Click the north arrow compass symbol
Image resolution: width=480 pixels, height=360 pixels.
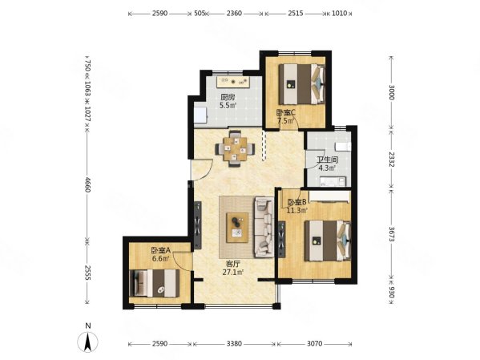[x=88, y=341]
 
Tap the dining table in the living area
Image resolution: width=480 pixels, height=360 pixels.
[x=235, y=149]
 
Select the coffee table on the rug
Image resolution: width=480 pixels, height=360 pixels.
[x=237, y=228]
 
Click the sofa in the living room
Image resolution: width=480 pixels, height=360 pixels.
[x=264, y=227]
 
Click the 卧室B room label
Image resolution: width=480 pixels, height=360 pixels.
[x=296, y=202]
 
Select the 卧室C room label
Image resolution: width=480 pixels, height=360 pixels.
[x=285, y=112]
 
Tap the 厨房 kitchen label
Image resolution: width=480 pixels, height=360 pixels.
[x=228, y=97]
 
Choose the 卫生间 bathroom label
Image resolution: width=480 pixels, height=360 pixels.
[x=327, y=160]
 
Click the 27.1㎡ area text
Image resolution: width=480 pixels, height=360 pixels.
[x=233, y=272]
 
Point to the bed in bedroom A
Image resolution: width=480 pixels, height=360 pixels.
[x=155, y=283]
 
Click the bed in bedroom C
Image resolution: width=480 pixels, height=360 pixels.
[x=302, y=84]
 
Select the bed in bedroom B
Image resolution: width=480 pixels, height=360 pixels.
[x=328, y=241]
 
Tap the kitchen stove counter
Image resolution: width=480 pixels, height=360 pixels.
[x=233, y=82]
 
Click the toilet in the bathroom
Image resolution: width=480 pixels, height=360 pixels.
[x=343, y=147]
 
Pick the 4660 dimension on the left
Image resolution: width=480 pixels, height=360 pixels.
[x=87, y=184]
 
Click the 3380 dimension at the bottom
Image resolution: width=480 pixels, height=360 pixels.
[x=234, y=344]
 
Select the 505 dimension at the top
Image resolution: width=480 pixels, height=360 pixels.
[x=200, y=13]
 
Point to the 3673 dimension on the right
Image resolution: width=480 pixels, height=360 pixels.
[x=391, y=234]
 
